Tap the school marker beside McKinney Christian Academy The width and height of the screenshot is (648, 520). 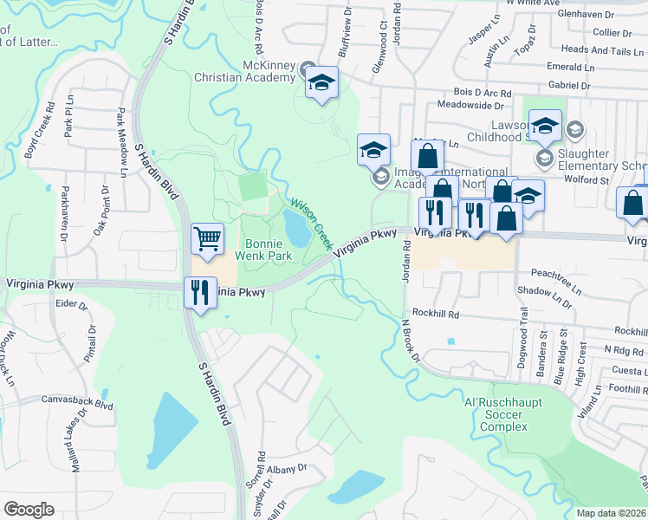321,83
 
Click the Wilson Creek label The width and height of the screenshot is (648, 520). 310,219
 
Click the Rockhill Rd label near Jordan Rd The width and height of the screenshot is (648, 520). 435,313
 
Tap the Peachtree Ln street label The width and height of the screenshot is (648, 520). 555,273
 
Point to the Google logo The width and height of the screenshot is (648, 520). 29,510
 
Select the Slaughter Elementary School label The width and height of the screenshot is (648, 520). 603,159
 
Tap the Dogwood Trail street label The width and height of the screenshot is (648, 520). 522,337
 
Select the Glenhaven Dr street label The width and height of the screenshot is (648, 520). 586,15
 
